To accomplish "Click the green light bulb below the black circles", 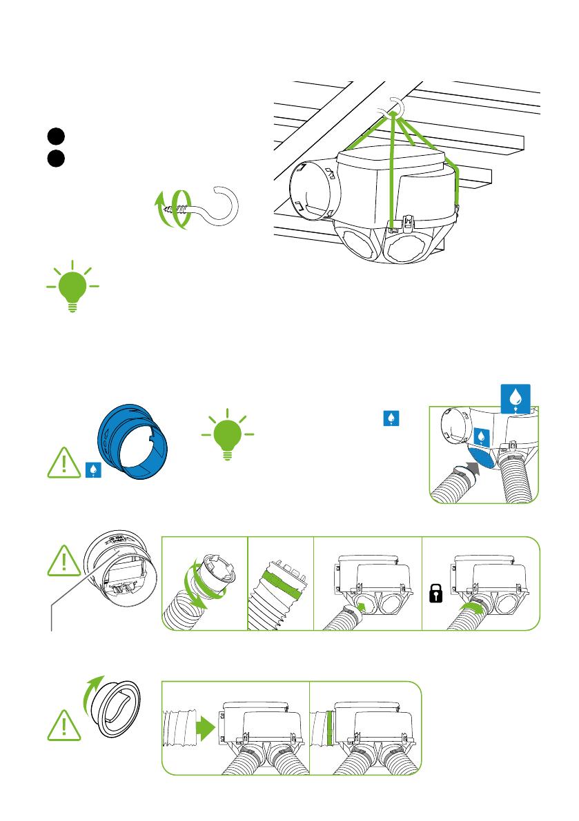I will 71,287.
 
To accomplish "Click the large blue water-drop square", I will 513,398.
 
